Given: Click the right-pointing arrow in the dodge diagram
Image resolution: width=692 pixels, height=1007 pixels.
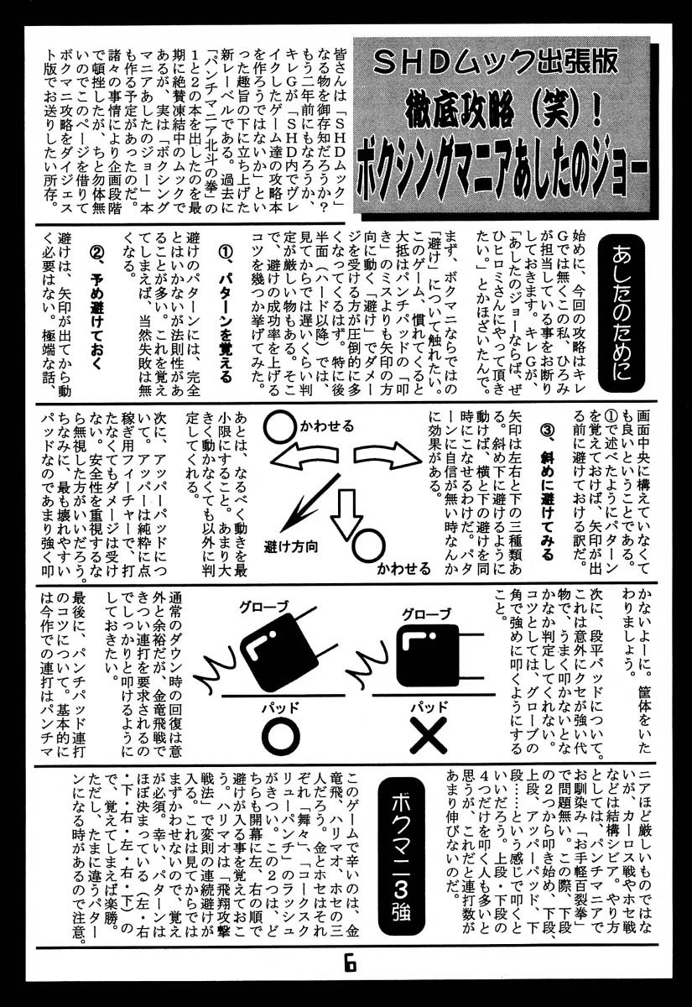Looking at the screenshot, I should (x=386, y=461).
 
